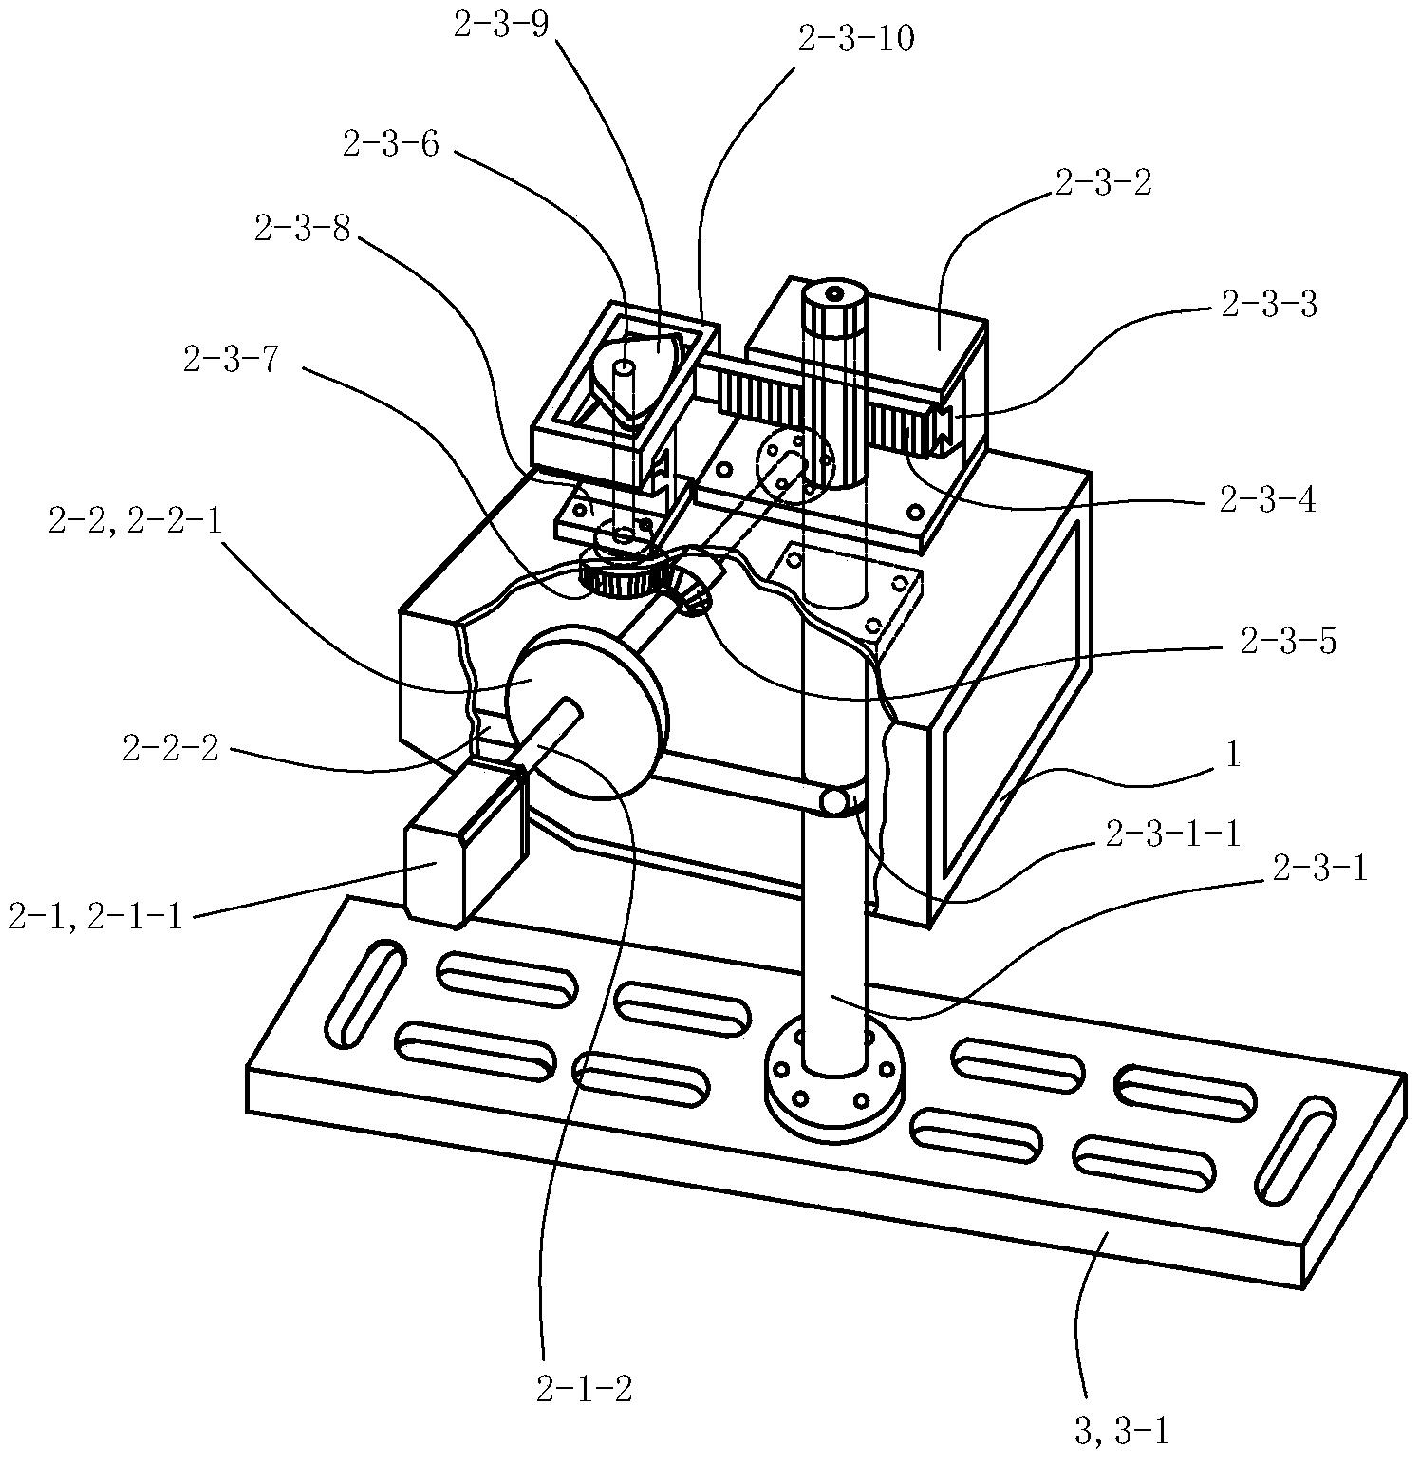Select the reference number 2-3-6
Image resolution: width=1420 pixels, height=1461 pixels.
(x=390, y=145)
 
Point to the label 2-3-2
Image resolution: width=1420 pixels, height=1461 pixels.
(x=1102, y=182)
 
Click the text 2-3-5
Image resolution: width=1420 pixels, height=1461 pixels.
(x=1287, y=643)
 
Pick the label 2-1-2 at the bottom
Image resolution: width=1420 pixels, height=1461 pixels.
(x=584, y=1390)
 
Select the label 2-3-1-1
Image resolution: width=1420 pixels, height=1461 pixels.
(x=1173, y=834)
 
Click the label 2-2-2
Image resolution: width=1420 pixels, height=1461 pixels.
(x=171, y=749)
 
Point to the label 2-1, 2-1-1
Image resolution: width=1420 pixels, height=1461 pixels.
(x=95, y=918)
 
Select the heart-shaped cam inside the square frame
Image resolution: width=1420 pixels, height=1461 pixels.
(x=635, y=373)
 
